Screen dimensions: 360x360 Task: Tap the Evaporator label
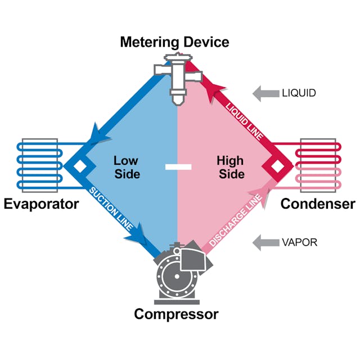click(41, 204)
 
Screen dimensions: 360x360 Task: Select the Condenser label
click(318, 204)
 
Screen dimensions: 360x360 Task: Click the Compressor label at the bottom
click(175, 314)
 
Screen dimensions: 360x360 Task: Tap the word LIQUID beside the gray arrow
click(299, 93)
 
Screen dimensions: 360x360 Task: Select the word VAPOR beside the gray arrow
click(299, 243)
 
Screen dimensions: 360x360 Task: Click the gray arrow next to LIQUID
click(264, 93)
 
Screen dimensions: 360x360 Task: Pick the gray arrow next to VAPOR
click(264, 243)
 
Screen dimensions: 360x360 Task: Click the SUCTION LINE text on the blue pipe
click(112, 208)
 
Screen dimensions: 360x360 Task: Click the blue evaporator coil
click(38, 166)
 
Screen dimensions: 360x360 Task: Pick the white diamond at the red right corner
click(276, 166)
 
